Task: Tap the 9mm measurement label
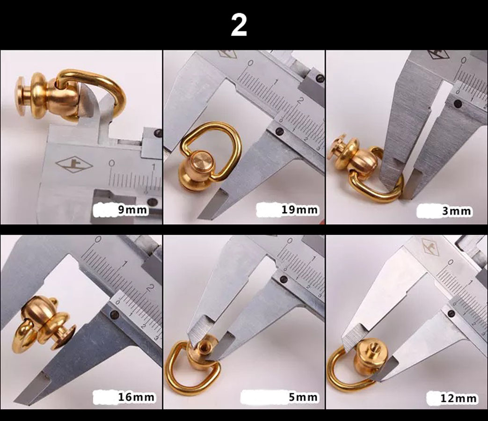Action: coord(132,210)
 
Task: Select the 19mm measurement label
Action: coord(300,210)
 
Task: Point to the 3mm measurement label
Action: coord(456,211)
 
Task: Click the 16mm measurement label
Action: coord(136,397)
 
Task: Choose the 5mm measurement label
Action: coord(303,397)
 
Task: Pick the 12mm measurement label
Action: coord(458,398)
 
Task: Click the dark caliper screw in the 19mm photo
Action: coord(279,131)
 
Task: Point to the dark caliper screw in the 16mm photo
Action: coord(115,315)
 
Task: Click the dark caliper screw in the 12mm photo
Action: coord(452,314)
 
